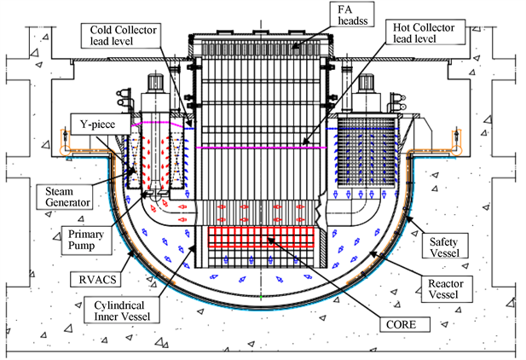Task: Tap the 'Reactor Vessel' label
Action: click(x=448, y=287)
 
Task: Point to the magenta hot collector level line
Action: click(x=256, y=147)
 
